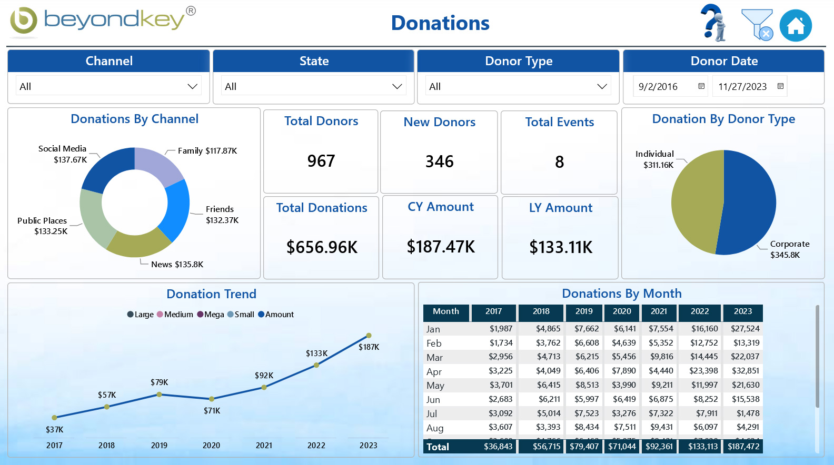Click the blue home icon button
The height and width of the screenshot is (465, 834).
[796, 26]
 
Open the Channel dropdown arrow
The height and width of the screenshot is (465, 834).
[192, 86]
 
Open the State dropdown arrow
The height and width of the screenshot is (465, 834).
[397, 86]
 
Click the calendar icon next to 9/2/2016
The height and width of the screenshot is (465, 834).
[701, 86]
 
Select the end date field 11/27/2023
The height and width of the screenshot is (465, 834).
[742, 87]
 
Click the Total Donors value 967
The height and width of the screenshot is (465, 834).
[321, 161]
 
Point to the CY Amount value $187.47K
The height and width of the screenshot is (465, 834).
[441, 247]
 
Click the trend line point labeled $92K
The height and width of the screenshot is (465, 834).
[264, 387]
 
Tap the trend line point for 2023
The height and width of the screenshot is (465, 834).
[369, 336]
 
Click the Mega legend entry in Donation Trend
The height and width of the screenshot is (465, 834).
[211, 315]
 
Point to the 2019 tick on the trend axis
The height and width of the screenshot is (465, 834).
[159, 445]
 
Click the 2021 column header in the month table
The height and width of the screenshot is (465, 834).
[659, 311]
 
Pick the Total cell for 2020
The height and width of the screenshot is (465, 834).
[622, 447]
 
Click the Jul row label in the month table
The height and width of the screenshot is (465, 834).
[432, 413]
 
